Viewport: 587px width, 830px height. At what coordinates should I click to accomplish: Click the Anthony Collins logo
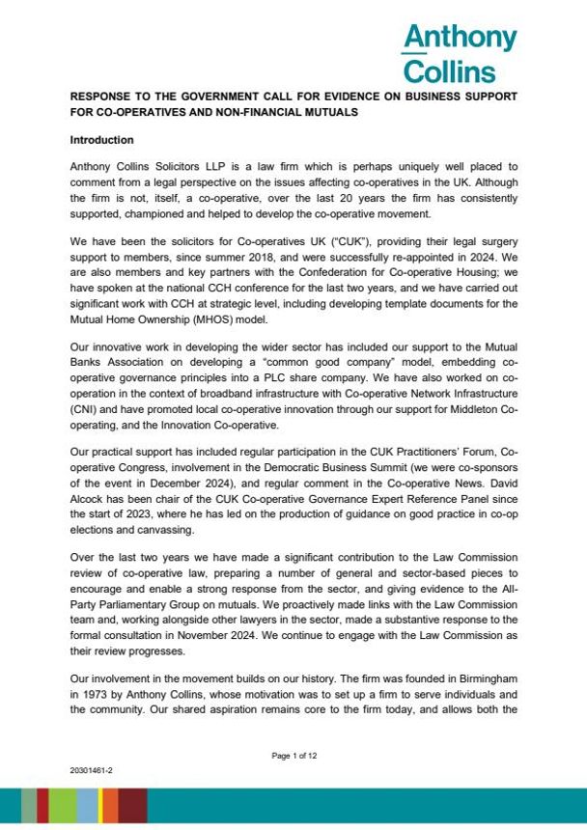459,53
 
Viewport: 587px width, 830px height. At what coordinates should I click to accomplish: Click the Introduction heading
101,141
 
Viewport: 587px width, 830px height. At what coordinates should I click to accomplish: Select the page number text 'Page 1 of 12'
293,756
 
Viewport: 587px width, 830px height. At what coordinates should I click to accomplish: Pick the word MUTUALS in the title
325,113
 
